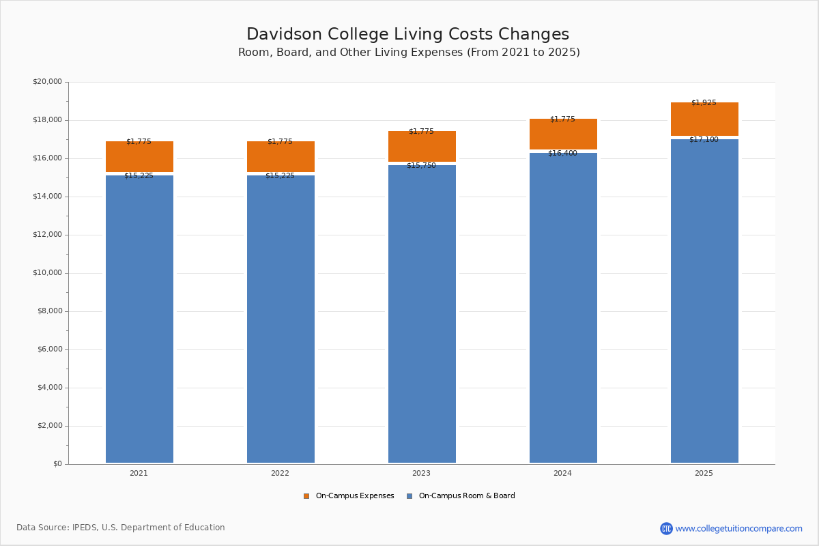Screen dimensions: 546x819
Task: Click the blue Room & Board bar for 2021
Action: coord(139,319)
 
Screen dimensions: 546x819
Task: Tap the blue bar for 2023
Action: coord(422,314)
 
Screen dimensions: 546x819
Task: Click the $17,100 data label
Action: coord(704,140)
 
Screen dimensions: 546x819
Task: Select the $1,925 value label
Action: coord(704,103)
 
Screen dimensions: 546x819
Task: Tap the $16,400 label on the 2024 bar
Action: coord(562,154)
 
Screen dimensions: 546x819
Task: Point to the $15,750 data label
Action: coord(421,166)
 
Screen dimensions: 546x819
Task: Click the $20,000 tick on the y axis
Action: coord(47,82)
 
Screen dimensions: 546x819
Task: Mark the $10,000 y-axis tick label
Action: coord(47,273)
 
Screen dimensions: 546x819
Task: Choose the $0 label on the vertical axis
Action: coord(57,464)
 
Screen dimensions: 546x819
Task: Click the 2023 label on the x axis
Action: coord(421,474)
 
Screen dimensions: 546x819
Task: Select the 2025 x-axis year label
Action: coord(704,474)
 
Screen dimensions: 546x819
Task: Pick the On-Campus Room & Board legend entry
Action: coord(466,496)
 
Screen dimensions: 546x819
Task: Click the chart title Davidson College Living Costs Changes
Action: coord(407,35)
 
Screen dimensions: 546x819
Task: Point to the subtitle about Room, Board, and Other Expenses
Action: coord(409,53)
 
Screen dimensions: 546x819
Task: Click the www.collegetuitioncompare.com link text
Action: coord(738,529)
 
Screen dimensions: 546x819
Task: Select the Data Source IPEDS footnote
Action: coord(121,528)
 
